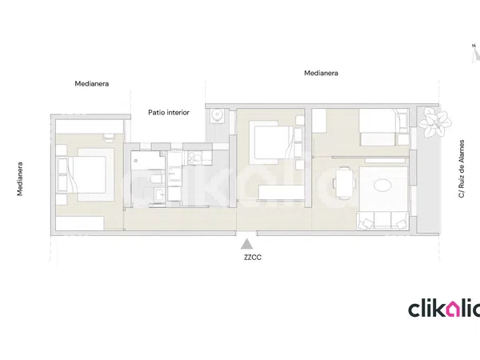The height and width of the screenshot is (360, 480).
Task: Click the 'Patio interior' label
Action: pyautogui.click(x=169, y=113)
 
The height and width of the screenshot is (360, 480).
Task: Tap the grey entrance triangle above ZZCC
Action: pyautogui.click(x=246, y=244)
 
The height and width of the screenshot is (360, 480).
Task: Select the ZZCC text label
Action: pyautogui.click(x=253, y=258)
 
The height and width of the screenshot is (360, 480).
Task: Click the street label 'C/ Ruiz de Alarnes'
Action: pyautogui.click(x=462, y=169)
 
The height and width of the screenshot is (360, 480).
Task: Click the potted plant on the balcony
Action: pyautogui.click(x=434, y=122)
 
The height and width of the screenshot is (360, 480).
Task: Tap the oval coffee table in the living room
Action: pyautogui.click(x=383, y=186)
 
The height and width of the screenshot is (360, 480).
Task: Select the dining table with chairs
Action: pyautogui.click(x=344, y=183)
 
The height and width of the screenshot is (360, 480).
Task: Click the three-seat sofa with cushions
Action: pyautogui.click(x=383, y=221)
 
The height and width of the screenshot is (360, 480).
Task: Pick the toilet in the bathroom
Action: pyautogui.click(x=156, y=179)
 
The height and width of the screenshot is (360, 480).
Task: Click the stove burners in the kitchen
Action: pyautogui.click(x=194, y=157)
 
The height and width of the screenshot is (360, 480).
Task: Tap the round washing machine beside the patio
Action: pyautogui.click(x=218, y=115)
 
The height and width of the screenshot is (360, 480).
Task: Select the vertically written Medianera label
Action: pyautogui.click(x=20, y=178)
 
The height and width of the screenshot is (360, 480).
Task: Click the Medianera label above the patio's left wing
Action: pyautogui.click(x=92, y=83)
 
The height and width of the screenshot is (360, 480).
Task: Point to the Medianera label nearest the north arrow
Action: pyautogui.click(x=321, y=73)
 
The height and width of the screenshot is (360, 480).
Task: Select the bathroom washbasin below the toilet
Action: pyautogui.click(x=159, y=194)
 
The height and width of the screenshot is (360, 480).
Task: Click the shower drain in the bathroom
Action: pyautogui.click(x=136, y=160)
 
